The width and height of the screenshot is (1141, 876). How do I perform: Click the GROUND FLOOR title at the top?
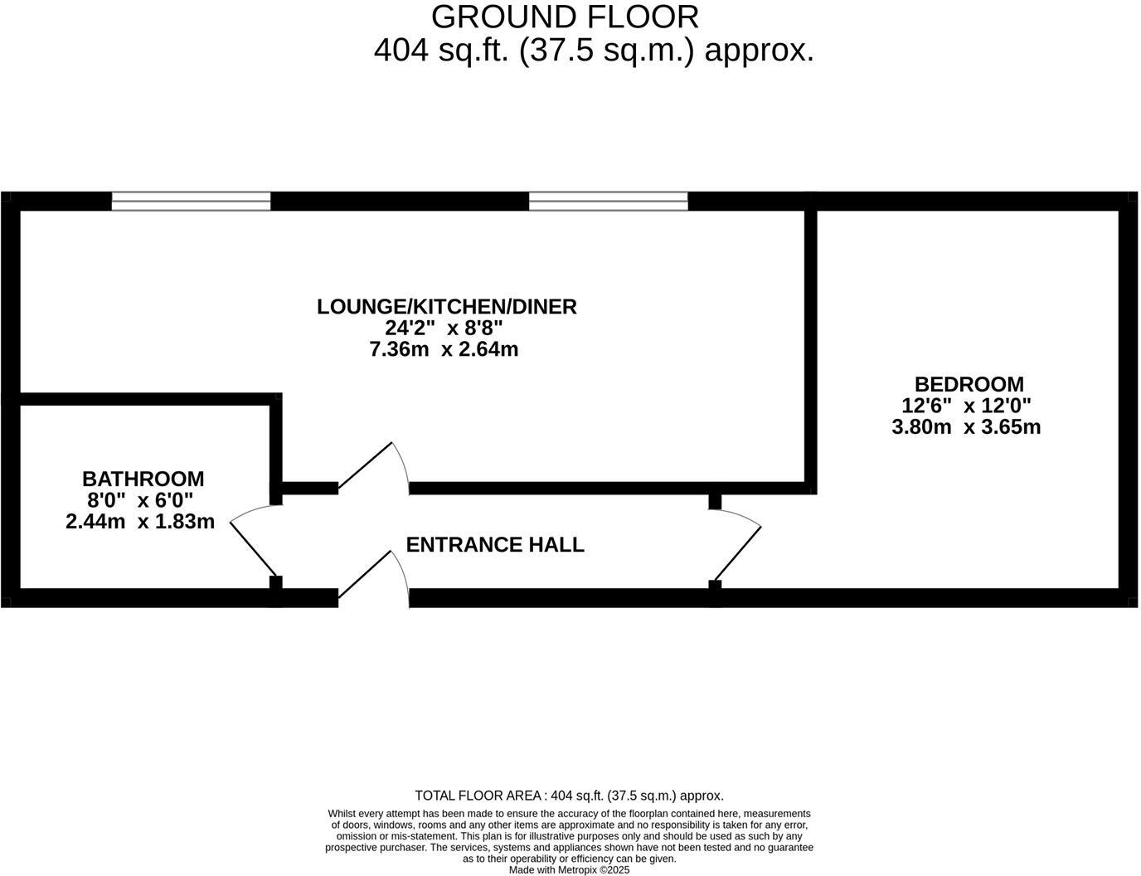[x=565, y=17]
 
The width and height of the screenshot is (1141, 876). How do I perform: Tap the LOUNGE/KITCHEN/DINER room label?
[x=446, y=306]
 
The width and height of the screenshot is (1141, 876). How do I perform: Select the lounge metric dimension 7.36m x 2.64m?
[x=444, y=349]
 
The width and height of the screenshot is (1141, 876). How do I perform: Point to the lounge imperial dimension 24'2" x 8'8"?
[x=444, y=328]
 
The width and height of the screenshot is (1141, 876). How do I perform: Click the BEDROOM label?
[x=969, y=384]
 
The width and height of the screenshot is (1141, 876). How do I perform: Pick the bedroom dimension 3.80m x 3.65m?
[x=965, y=427]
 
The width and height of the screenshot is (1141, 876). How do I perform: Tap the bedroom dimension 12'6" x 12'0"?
[x=966, y=406]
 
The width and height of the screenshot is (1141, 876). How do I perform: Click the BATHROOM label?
[x=143, y=479]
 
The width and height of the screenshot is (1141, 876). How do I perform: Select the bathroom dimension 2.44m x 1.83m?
[x=140, y=522]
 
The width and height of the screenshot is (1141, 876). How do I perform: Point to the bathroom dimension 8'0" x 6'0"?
[x=140, y=500]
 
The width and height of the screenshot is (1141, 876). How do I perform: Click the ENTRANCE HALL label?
[x=495, y=545]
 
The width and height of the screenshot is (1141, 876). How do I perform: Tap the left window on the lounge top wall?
[x=191, y=201]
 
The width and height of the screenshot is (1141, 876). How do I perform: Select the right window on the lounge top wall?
[x=608, y=201]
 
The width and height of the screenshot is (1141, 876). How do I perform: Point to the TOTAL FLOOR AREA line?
[x=569, y=796]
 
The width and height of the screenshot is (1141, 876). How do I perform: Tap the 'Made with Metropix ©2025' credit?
[x=569, y=870]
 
